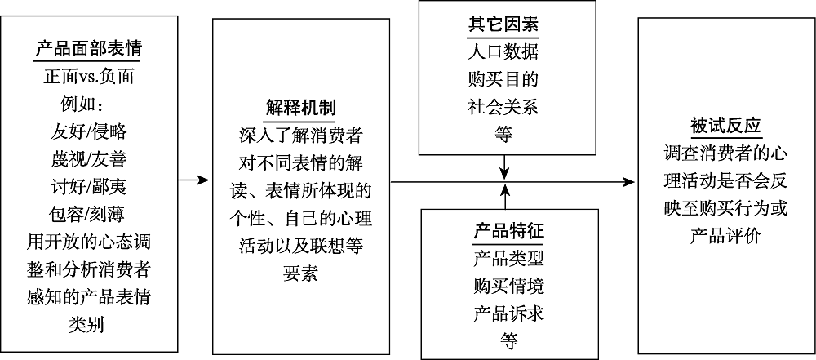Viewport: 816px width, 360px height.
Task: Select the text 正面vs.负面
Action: point(88,78)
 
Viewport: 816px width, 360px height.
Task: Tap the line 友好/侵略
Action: point(88,131)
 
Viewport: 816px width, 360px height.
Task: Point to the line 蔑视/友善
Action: point(88,158)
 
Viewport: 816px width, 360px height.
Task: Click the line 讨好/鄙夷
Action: point(88,186)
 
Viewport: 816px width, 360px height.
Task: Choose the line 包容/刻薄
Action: point(88,214)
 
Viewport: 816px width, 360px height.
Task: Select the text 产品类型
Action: point(508,259)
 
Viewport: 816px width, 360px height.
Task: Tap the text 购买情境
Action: point(508,287)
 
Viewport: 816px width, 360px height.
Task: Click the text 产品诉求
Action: point(508,314)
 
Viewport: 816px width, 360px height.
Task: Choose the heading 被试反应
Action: point(725,127)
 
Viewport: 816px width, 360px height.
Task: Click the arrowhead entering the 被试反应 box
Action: point(632,180)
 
